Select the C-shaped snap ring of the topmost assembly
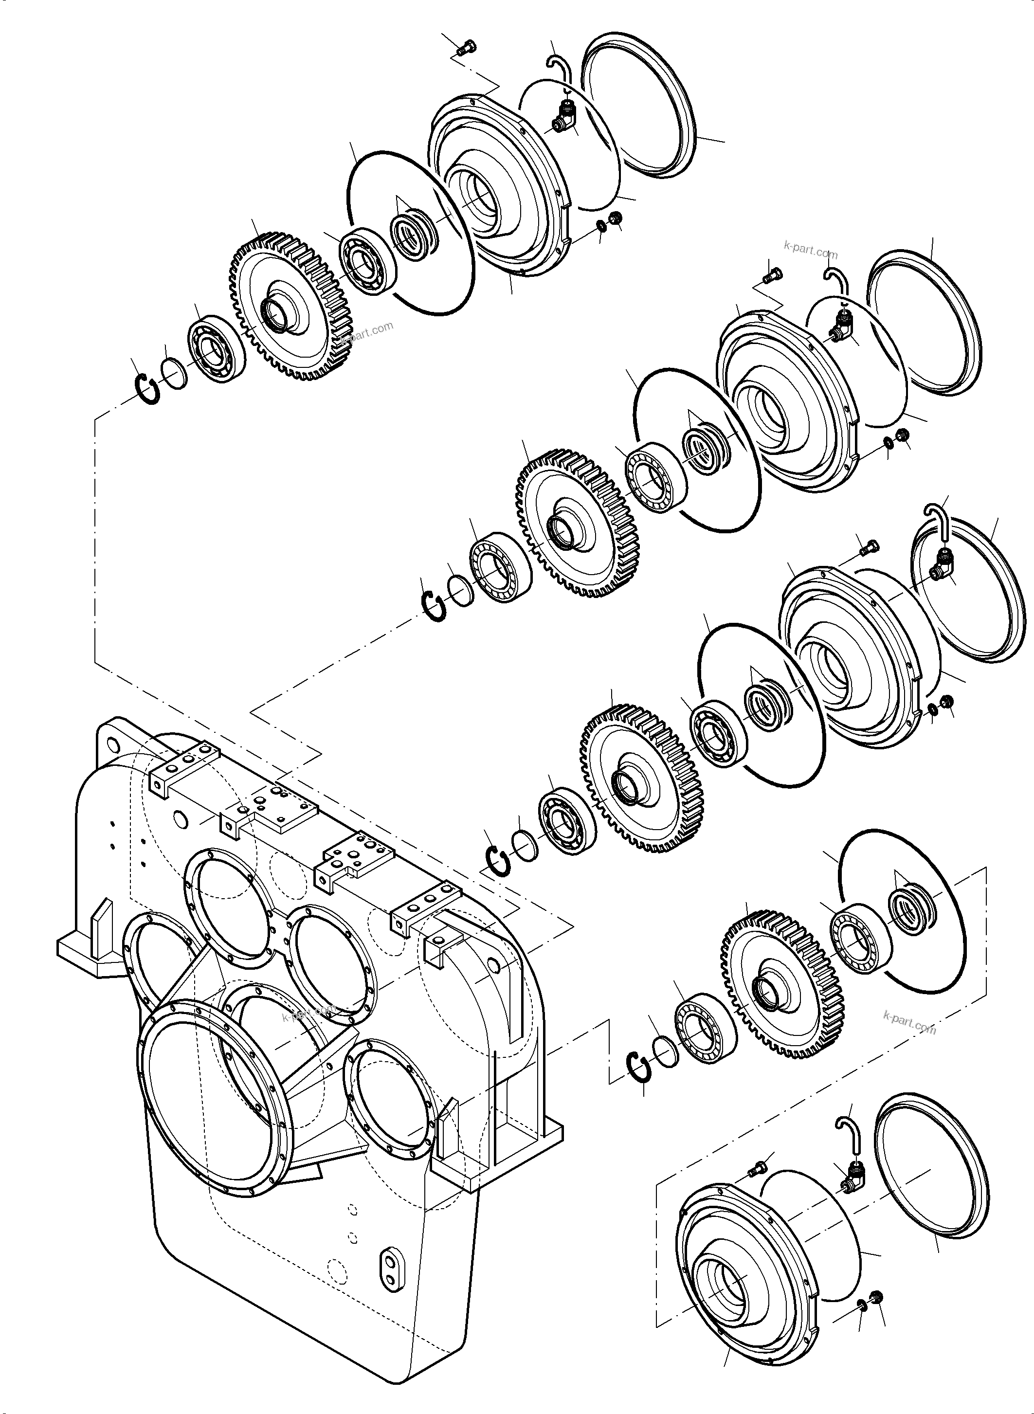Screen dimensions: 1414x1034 pyautogui.click(x=148, y=389)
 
